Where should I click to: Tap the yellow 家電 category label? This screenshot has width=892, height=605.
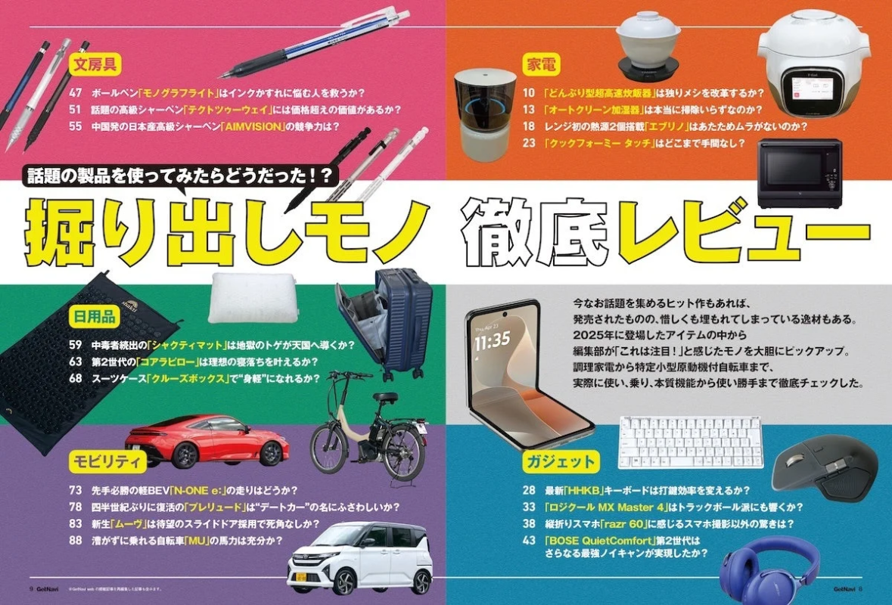(x=542, y=65)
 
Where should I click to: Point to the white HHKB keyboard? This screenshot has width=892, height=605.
(x=690, y=442)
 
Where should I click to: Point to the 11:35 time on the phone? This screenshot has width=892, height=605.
(x=492, y=340)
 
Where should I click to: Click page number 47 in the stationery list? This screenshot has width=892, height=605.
(x=75, y=93)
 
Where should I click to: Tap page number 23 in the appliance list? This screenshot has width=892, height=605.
(x=529, y=142)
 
